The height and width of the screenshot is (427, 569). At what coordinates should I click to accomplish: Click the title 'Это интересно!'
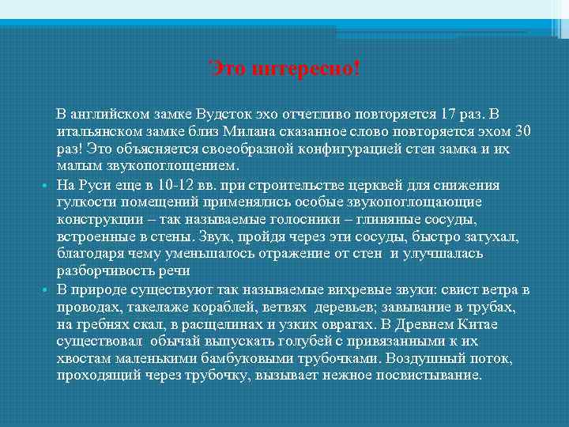click(x=284, y=70)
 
